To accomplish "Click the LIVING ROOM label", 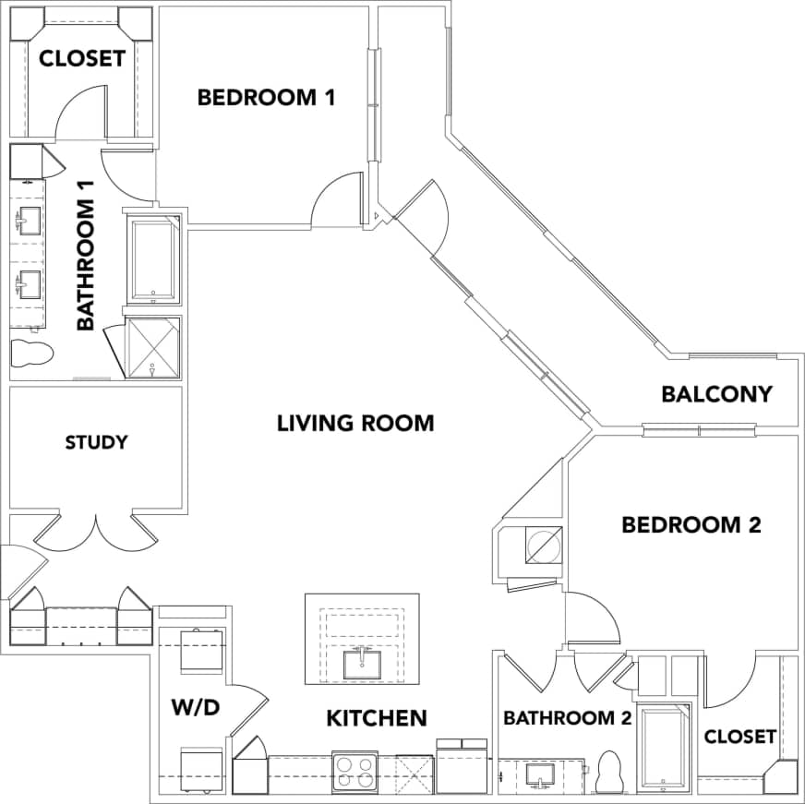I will click(355, 424).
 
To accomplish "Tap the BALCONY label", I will click(716, 394).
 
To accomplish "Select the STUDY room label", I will click(96, 442).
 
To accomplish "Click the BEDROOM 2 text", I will click(691, 525).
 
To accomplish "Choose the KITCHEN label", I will click(377, 717).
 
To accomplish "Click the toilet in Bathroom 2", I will click(610, 774).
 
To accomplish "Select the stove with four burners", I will click(354, 772).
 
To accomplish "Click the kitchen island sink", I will click(361, 662).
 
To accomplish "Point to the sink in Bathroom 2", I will click(537, 774).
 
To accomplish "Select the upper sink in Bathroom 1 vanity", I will click(28, 222).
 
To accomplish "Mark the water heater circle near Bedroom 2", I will click(543, 545).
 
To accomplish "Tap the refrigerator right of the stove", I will click(462, 767).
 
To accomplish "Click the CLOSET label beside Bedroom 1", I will click(81, 58).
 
